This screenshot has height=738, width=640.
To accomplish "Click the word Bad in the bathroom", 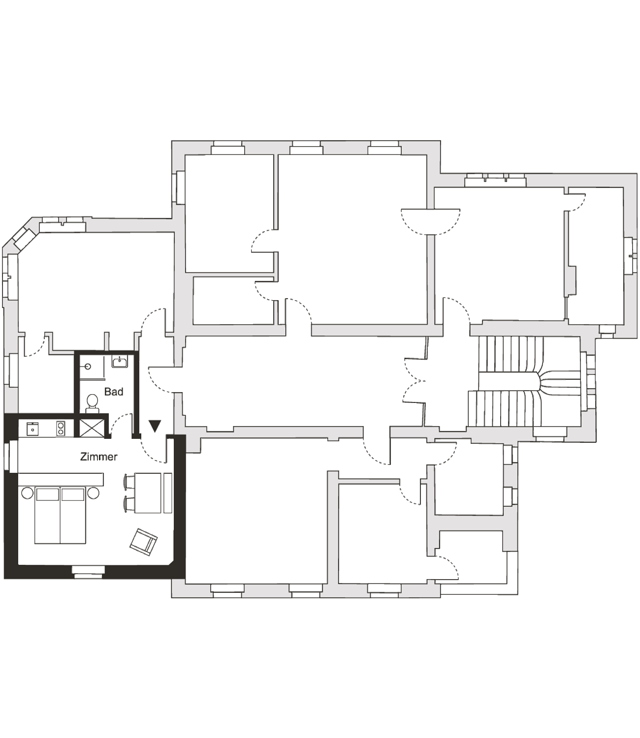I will coord(114,392).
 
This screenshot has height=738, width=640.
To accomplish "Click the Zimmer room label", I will coord(99,457).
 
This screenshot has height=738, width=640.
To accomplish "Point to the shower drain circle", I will coord(87,366).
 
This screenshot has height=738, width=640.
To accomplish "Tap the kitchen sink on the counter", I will coord(32,429).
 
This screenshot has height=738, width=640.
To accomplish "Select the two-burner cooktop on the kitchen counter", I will coord(61,429).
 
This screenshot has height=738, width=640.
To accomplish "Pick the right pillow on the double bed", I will coord(73,493).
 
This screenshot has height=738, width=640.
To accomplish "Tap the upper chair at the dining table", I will coord(128,481).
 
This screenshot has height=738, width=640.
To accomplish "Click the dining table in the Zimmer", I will coord(152,492).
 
